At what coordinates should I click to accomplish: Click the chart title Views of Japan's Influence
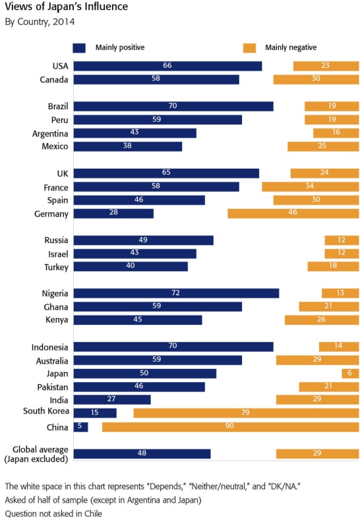(67, 7)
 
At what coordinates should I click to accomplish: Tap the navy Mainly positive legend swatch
(79, 47)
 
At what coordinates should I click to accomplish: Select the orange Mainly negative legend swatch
(249, 47)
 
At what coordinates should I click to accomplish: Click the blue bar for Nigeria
(176, 293)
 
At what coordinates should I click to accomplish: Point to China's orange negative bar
(231, 427)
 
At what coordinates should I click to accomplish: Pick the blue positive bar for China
(80, 427)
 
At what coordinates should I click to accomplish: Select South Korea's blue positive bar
(95, 413)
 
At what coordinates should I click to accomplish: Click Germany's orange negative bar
(293, 213)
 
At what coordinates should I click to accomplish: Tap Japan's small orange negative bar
(350, 374)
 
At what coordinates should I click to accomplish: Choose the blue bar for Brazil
(173, 106)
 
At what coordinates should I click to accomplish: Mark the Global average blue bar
(142, 454)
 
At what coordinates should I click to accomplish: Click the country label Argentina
(50, 134)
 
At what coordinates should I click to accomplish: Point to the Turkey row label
(56, 267)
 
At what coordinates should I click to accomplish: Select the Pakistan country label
(53, 387)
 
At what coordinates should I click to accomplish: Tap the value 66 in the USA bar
(167, 65)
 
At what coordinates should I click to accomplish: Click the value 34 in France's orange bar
(309, 186)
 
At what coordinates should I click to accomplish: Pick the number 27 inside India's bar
(111, 399)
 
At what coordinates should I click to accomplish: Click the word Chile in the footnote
(94, 514)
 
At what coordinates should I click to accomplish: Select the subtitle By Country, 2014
(40, 22)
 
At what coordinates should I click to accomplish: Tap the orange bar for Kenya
(322, 320)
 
